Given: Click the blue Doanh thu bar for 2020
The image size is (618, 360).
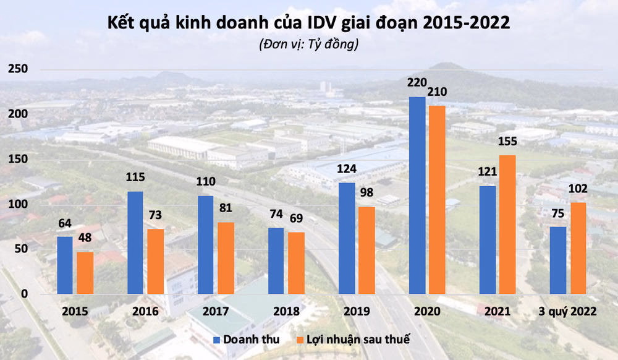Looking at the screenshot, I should coord(417,195).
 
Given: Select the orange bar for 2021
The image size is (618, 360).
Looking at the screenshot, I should coord(507,224).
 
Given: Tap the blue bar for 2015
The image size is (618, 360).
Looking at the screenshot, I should coord(65,265).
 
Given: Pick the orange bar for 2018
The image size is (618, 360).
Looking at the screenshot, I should coord(297,262).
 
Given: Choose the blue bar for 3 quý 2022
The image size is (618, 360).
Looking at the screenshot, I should coord(558,260).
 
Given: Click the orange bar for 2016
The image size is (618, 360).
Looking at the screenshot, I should coord(156,261).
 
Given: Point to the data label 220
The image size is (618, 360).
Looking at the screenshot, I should coord(418,82).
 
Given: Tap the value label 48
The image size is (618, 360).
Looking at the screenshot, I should coord(85,238).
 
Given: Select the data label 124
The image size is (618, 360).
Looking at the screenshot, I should coord(347,168).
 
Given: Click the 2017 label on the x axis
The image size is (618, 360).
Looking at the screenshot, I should coord(216,312).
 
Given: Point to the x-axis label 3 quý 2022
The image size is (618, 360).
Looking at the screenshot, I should coord(568,312).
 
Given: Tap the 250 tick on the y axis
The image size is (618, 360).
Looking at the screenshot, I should coord(17,69).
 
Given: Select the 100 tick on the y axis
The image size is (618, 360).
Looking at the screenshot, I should coord(17,204).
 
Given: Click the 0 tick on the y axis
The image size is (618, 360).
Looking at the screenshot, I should coord(23,294).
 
